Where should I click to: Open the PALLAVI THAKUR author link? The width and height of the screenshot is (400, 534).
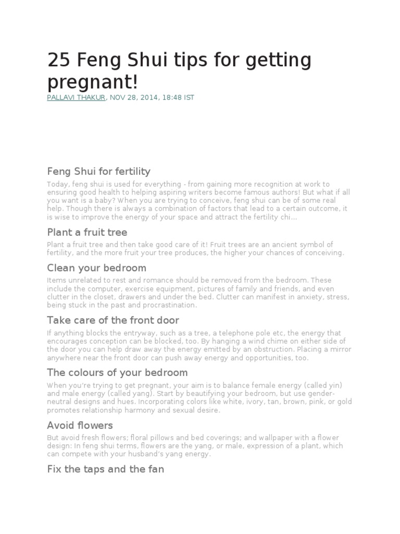point(77,98)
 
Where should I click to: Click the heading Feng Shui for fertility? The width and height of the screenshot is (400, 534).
point(98,171)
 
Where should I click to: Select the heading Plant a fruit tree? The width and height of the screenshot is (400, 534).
point(87,232)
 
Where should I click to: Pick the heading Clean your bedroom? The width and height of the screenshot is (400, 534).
point(96,268)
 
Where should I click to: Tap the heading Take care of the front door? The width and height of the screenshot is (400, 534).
point(113,320)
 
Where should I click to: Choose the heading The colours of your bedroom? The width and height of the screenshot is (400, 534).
point(117,373)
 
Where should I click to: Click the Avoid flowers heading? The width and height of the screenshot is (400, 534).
point(80,426)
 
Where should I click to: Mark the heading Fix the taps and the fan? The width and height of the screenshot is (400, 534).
point(105,469)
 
